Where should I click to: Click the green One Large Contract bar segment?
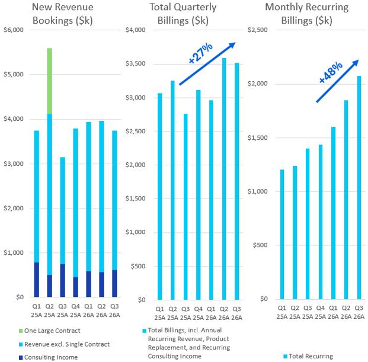pyautogui.click(x=50, y=81)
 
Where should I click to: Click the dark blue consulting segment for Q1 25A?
pyautogui.click(x=36, y=279)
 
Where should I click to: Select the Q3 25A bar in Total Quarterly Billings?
pyautogui.click(x=185, y=206)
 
